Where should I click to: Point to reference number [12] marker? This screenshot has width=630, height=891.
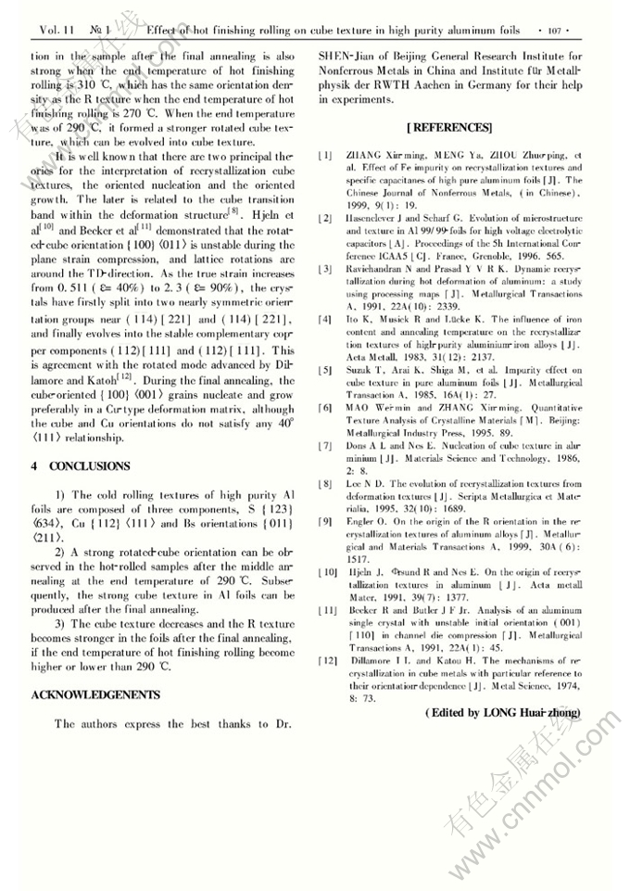click(328, 659)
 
